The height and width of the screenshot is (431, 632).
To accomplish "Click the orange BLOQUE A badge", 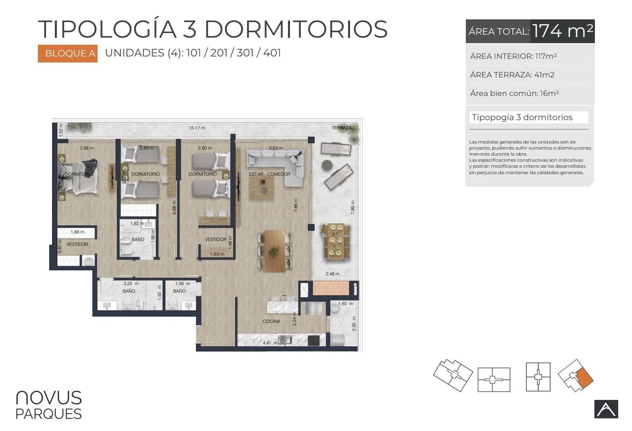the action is tap(68, 53).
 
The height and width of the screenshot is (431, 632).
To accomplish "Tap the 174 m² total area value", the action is tap(562, 31).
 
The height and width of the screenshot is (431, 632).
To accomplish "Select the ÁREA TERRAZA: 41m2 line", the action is tap(512, 75).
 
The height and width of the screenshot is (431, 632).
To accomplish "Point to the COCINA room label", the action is tap(271, 321).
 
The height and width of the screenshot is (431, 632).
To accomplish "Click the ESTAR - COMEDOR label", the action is tap(269, 174).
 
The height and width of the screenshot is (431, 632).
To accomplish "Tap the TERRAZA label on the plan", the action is tap(341, 128).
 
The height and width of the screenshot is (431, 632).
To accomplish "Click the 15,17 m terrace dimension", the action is tap(197, 128).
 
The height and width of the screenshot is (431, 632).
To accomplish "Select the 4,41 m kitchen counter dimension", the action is tap(270, 343).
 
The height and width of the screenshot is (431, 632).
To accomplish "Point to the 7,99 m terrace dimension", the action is tap(353, 207).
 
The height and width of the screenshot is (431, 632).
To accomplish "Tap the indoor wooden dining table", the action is tap(275, 251).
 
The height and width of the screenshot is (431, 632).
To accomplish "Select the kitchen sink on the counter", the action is tap(285, 340).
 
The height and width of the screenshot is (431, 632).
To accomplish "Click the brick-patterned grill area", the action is tap(331, 288).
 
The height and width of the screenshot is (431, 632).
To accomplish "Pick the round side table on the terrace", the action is tap(327, 165).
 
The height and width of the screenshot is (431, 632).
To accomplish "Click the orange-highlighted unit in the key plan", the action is tap(584, 379).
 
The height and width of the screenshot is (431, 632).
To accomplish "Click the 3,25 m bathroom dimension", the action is tap(131, 283).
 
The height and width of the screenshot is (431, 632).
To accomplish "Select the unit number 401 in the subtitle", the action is tap(272, 53).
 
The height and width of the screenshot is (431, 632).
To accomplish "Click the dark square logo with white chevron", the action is tap(606, 409).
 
